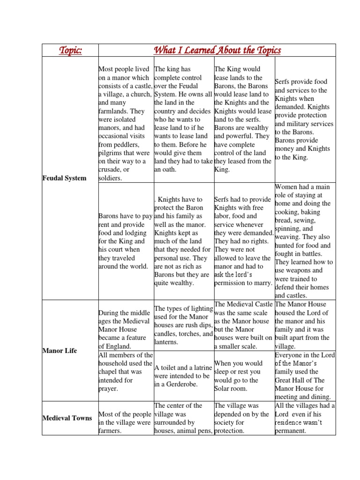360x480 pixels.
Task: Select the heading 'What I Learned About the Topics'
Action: click(217, 50)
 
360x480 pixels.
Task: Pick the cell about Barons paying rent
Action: click(125, 241)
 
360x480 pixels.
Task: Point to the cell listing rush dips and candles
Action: click(183, 325)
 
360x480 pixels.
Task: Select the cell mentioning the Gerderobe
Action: click(183, 376)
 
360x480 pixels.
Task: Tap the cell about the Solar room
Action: click(243, 376)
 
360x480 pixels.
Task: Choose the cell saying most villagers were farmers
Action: click(125, 422)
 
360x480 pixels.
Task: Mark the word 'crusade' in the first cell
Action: click(110, 170)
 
